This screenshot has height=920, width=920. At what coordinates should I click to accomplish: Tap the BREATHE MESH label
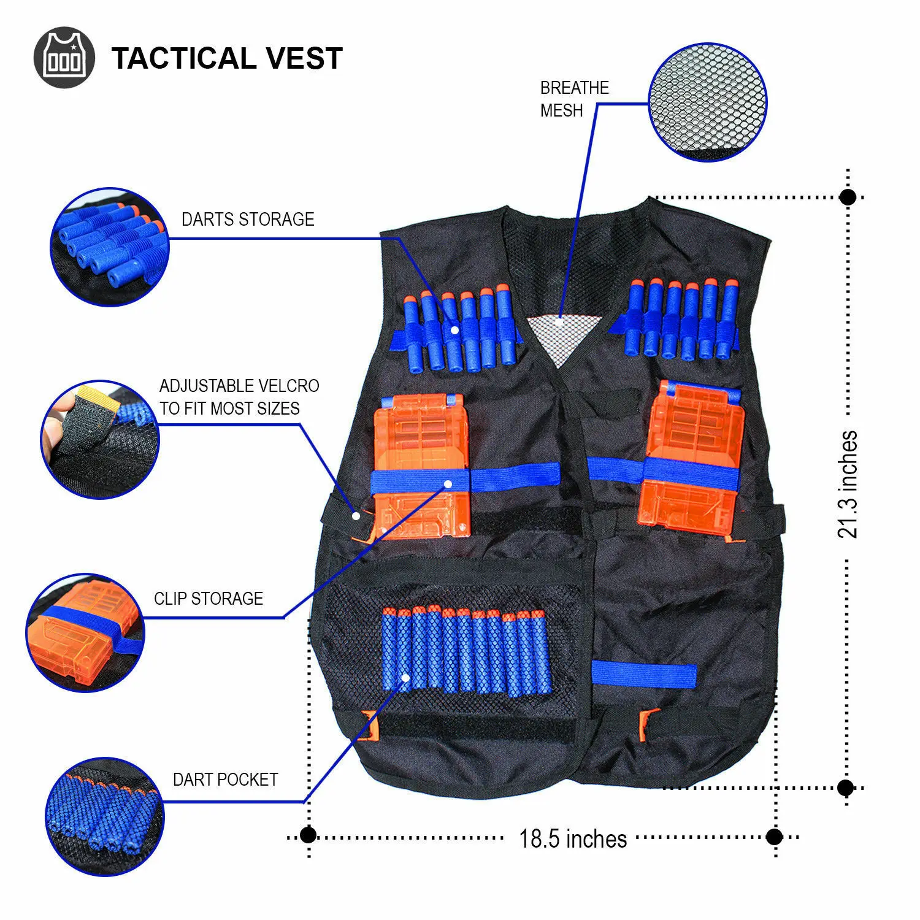[574, 99]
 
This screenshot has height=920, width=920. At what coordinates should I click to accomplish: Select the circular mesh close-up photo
[707, 102]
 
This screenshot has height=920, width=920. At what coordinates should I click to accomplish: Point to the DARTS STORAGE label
[248, 219]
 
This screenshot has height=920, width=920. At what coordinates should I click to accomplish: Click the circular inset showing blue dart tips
[109, 247]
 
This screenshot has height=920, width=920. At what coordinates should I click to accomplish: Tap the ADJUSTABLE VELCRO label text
[239, 397]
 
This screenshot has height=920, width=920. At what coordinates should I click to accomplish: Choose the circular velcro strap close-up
[100, 439]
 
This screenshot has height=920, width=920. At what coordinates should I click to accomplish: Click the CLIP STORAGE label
[209, 599]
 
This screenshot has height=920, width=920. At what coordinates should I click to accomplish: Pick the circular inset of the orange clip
[85, 632]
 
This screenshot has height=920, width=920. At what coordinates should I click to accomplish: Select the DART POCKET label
[225, 780]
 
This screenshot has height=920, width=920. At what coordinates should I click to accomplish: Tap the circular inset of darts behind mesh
[105, 816]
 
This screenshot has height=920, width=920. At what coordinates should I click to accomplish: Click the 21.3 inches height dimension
[848, 485]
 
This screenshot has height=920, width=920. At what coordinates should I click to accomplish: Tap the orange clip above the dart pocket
[423, 466]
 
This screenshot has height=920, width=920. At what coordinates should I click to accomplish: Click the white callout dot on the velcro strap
[356, 516]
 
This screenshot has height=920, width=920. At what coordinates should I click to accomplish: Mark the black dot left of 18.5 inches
[308, 835]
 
